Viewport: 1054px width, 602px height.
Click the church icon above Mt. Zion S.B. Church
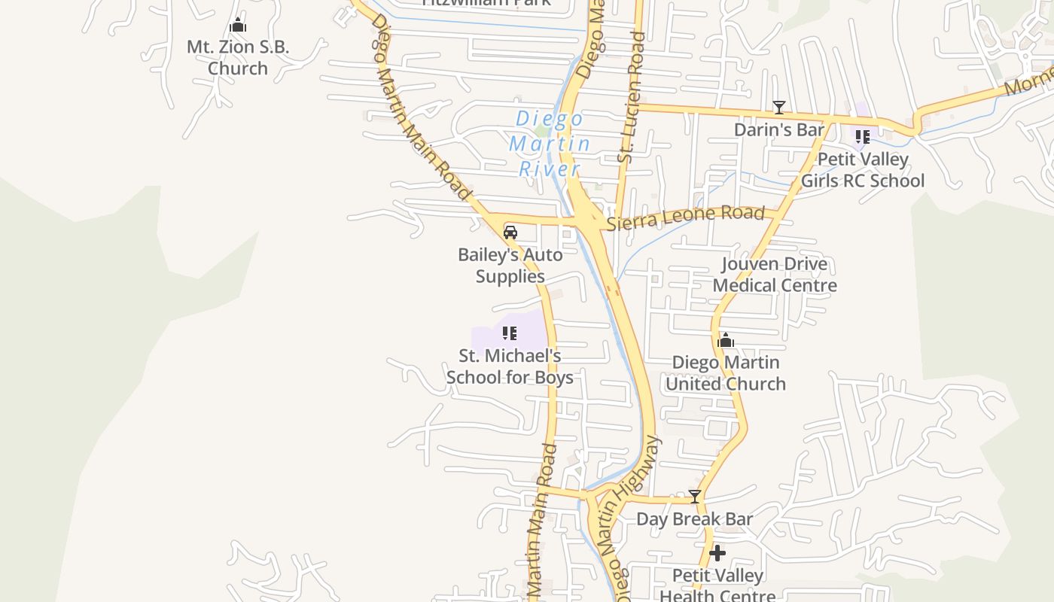tap(238, 26)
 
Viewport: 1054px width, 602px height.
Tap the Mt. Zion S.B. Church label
tap(238, 57)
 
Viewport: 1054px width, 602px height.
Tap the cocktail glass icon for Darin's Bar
tap(779, 108)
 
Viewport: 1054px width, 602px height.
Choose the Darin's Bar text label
tap(779, 129)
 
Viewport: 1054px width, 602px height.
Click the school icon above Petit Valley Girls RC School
tap(862, 137)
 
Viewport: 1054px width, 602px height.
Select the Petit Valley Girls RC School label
tap(863, 170)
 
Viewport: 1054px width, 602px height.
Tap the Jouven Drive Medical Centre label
tap(775, 275)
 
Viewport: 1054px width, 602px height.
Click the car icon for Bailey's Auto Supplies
tap(510, 233)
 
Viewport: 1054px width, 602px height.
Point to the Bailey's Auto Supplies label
tap(510, 266)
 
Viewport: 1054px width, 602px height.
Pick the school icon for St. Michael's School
tap(510, 333)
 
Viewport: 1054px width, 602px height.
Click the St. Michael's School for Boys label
tap(510, 366)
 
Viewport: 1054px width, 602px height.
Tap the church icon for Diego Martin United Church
tap(726, 341)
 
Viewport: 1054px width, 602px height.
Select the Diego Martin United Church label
tap(726, 373)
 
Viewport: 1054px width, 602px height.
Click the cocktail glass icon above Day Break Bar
tap(695, 497)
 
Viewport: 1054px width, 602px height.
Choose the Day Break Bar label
tap(695, 518)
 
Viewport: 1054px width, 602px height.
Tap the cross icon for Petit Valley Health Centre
tap(717, 554)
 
